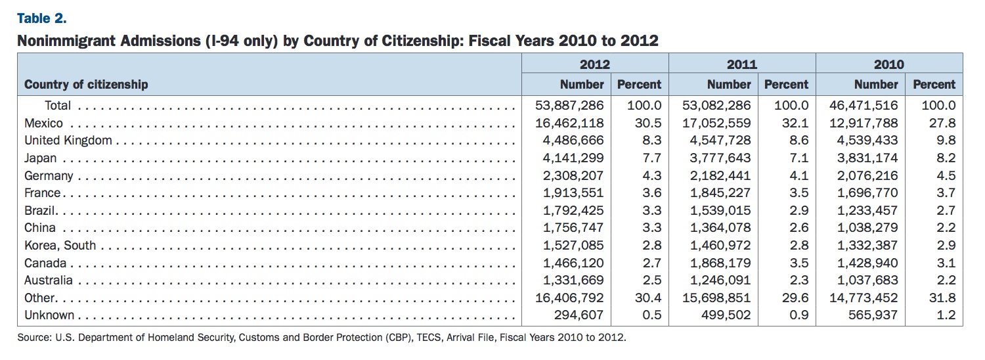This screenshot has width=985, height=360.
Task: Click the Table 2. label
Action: click(42, 18)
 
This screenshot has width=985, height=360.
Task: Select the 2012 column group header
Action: click(594, 64)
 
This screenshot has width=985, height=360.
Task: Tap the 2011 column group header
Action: click(742, 64)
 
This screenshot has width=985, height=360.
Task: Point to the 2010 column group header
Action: click(888, 64)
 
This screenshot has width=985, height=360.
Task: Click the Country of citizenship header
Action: click(86, 84)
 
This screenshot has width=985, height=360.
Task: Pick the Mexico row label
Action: click(43, 123)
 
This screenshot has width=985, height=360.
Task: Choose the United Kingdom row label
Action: click(68, 141)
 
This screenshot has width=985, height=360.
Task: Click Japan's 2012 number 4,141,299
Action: click(573, 158)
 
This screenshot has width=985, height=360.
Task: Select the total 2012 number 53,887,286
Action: click(569, 105)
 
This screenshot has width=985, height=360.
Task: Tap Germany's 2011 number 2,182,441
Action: click(720, 175)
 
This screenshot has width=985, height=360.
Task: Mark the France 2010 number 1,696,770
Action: click(867, 192)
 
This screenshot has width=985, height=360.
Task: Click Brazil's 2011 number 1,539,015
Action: click(720, 210)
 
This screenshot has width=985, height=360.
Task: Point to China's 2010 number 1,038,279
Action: click(867, 227)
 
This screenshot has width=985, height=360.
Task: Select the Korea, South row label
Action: click(60, 245)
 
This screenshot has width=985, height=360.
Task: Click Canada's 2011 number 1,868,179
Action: click(720, 263)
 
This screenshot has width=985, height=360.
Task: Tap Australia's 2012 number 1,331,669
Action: click(573, 280)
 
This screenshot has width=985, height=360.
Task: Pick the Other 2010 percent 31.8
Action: click(942, 298)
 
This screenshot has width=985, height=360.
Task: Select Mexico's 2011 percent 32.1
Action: click(795, 123)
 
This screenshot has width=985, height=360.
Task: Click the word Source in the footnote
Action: click(34, 338)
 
